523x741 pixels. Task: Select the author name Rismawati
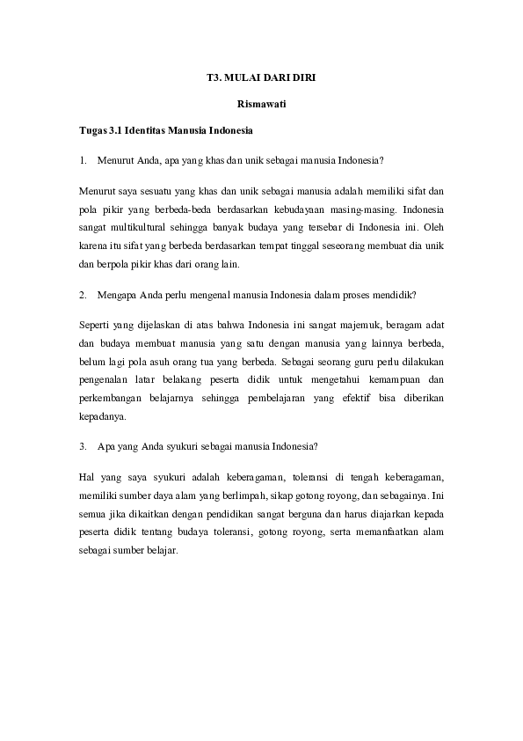(x=262, y=105)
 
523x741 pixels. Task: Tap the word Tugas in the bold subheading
(x=91, y=132)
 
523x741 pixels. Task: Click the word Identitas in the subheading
(x=145, y=132)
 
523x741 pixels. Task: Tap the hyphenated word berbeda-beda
(x=188, y=209)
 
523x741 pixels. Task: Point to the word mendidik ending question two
(x=395, y=295)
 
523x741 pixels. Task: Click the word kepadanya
(x=102, y=416)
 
